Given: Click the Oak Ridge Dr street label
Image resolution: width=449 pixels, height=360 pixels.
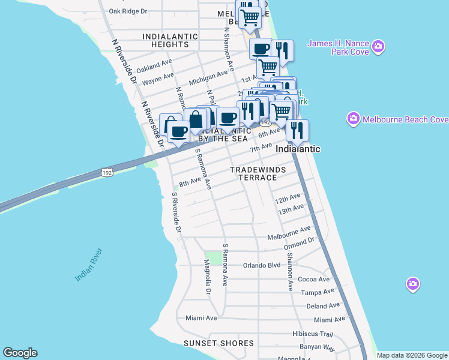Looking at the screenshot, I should coord(128,11).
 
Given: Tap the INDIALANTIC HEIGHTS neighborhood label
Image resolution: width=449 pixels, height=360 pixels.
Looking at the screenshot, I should coord(170,40).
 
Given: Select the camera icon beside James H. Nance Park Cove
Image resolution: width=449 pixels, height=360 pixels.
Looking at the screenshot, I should coord(378,46).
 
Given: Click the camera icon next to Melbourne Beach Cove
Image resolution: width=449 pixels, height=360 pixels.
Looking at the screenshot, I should coord(352,119).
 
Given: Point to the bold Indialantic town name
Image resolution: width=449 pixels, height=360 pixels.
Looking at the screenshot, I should coord(298,149).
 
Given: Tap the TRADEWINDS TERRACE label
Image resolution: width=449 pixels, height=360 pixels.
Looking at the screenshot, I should coord(258,173).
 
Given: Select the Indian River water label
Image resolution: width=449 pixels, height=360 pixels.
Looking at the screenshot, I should coord(89,265).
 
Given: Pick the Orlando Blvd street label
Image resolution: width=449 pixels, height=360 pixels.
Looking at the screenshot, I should coord(262,265).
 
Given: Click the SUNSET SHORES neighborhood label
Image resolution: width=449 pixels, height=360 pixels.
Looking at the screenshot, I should coord(219,343).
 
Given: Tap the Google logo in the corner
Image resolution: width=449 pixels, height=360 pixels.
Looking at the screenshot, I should coord(20,353).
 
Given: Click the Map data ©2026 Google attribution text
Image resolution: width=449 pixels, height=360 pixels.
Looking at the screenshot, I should coord(412,355).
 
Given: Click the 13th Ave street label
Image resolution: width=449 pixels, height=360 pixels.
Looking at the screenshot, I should coord(291,209).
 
